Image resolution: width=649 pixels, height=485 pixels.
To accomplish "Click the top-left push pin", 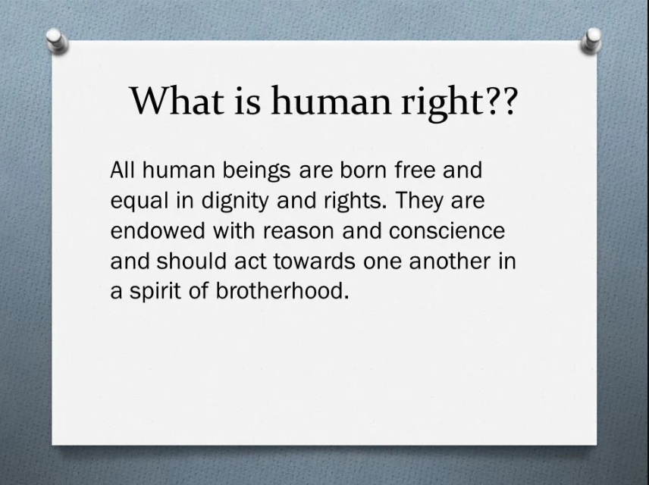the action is click(57, 41).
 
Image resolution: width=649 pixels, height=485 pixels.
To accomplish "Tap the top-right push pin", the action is click(591, 41).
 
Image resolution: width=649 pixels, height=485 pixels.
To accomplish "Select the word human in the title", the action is click(331, 101).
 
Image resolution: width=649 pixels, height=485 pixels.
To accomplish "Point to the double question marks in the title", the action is click(501, 101).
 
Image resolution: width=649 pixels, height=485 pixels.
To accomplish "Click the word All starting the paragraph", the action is click(123, 170).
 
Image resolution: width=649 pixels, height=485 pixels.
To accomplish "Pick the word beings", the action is click(256, 171).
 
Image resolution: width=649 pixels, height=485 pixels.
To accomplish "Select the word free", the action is click(415, 170).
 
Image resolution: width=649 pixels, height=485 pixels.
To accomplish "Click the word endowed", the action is click(158, 231).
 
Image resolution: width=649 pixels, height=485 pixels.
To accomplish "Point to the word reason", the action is click(298, 232).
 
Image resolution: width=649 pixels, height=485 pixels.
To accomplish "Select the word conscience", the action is click(447, 231).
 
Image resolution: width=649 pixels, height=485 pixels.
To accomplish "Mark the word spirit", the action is click(155, 292).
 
